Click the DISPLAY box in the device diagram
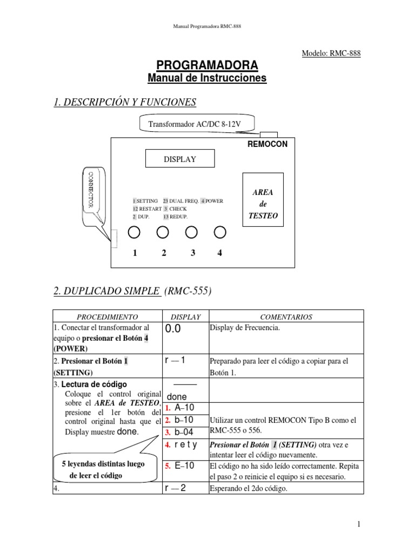(179, 159)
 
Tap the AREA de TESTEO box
(263, 204)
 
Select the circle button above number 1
(134, 232)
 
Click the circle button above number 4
(219, 232)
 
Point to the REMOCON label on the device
(267, 144)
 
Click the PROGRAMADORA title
(207, 65)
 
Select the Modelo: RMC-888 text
(330, 53)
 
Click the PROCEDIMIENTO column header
(107, 317)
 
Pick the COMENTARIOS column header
(286, 317)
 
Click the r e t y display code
(185, 445)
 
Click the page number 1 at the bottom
(358, 524)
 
